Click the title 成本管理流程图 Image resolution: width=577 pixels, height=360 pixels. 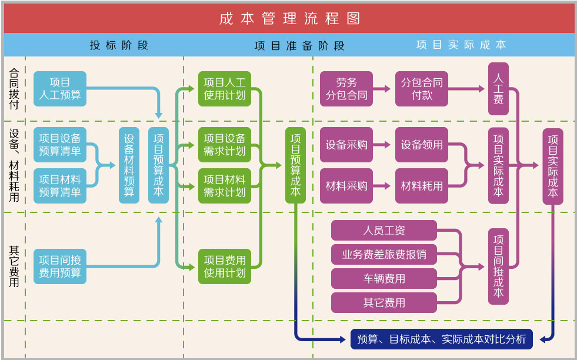click(x=289, y=18)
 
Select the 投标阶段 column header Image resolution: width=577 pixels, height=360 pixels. click(x=119, y=45)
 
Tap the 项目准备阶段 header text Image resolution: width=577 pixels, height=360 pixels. click(x=299, y=46)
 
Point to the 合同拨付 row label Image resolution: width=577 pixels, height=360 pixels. click(x=14, y=88)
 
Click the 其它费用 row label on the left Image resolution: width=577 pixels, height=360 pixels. click(x=14, y=266)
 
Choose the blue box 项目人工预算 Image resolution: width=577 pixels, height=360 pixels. click(x=60, y=89)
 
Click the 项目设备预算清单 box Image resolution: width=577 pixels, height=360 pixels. click(x=60, y=145)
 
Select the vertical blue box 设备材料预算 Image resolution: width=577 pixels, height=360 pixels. click(x=129, y=165)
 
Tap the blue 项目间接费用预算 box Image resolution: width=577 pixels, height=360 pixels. click(x=60, y=266)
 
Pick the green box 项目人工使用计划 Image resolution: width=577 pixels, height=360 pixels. click(x=225, y=89)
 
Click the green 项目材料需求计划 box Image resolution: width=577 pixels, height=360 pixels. click(x=225, y=186)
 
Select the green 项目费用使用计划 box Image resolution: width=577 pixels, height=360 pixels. click(x=225, y=266)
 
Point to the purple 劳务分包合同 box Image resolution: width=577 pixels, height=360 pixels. click(x=346, y=89)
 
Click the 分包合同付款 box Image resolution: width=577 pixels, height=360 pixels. click(x=422, y=89)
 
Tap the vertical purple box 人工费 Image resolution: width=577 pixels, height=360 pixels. click(x=498, y=89)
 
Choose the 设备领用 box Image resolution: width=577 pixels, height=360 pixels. click(x=422, y=145)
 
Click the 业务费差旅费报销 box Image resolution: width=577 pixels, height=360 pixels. click(x=384, y=254)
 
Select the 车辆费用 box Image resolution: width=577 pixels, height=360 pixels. click(x=384, y=279)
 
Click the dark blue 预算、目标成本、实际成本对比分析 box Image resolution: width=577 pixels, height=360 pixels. click(x=442, y=339)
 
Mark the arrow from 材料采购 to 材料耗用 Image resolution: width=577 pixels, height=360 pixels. click(x=382, y=186)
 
